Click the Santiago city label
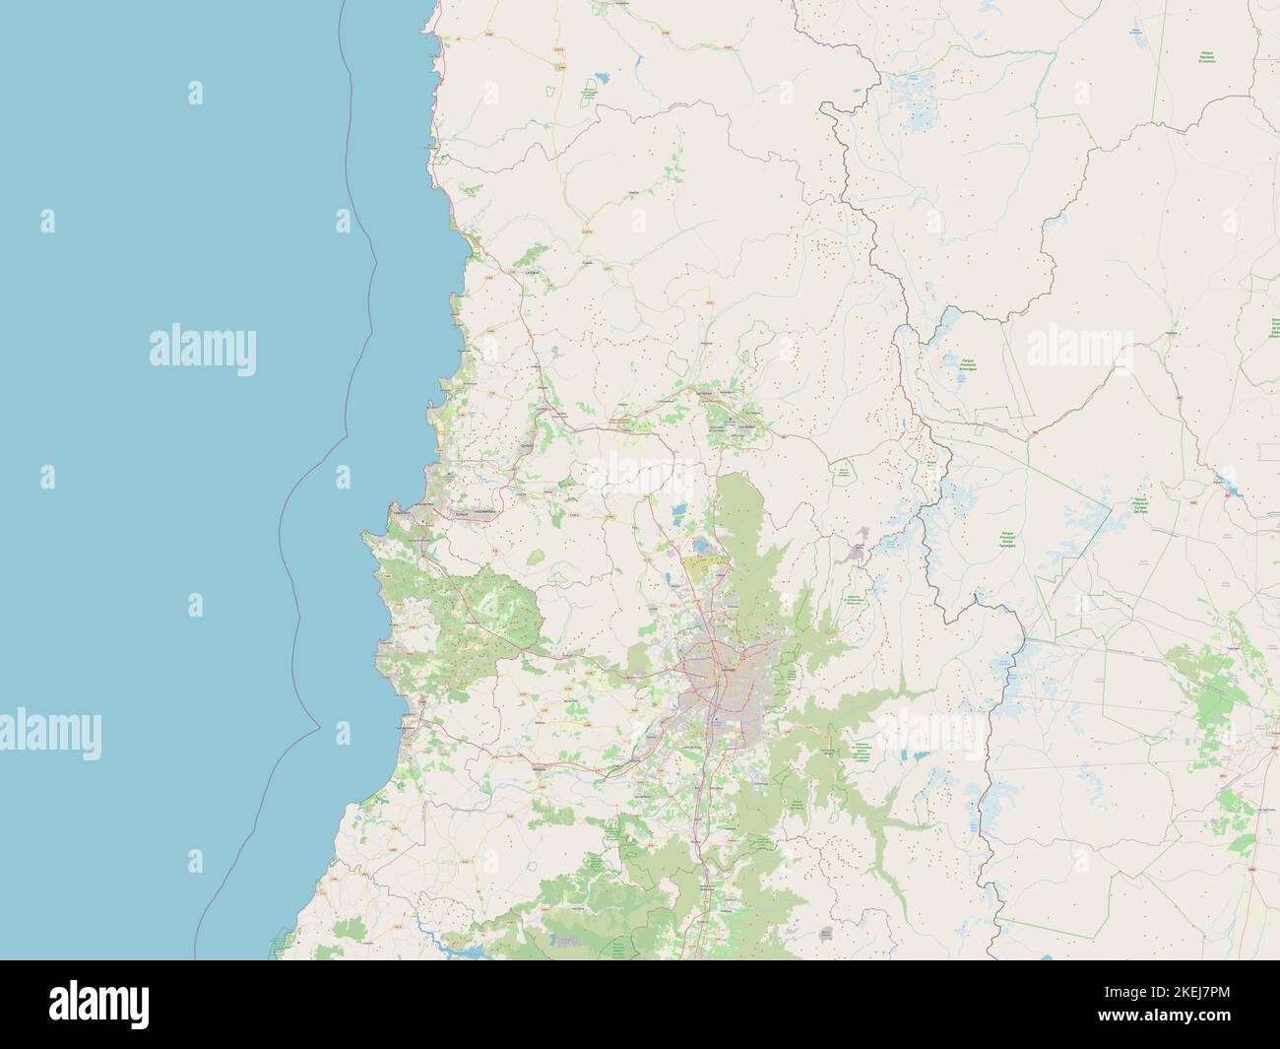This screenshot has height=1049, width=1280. tap(730, 669)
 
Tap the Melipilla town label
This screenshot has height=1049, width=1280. tap(540, 770)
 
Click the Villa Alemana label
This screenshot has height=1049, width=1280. tap(483, 511)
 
